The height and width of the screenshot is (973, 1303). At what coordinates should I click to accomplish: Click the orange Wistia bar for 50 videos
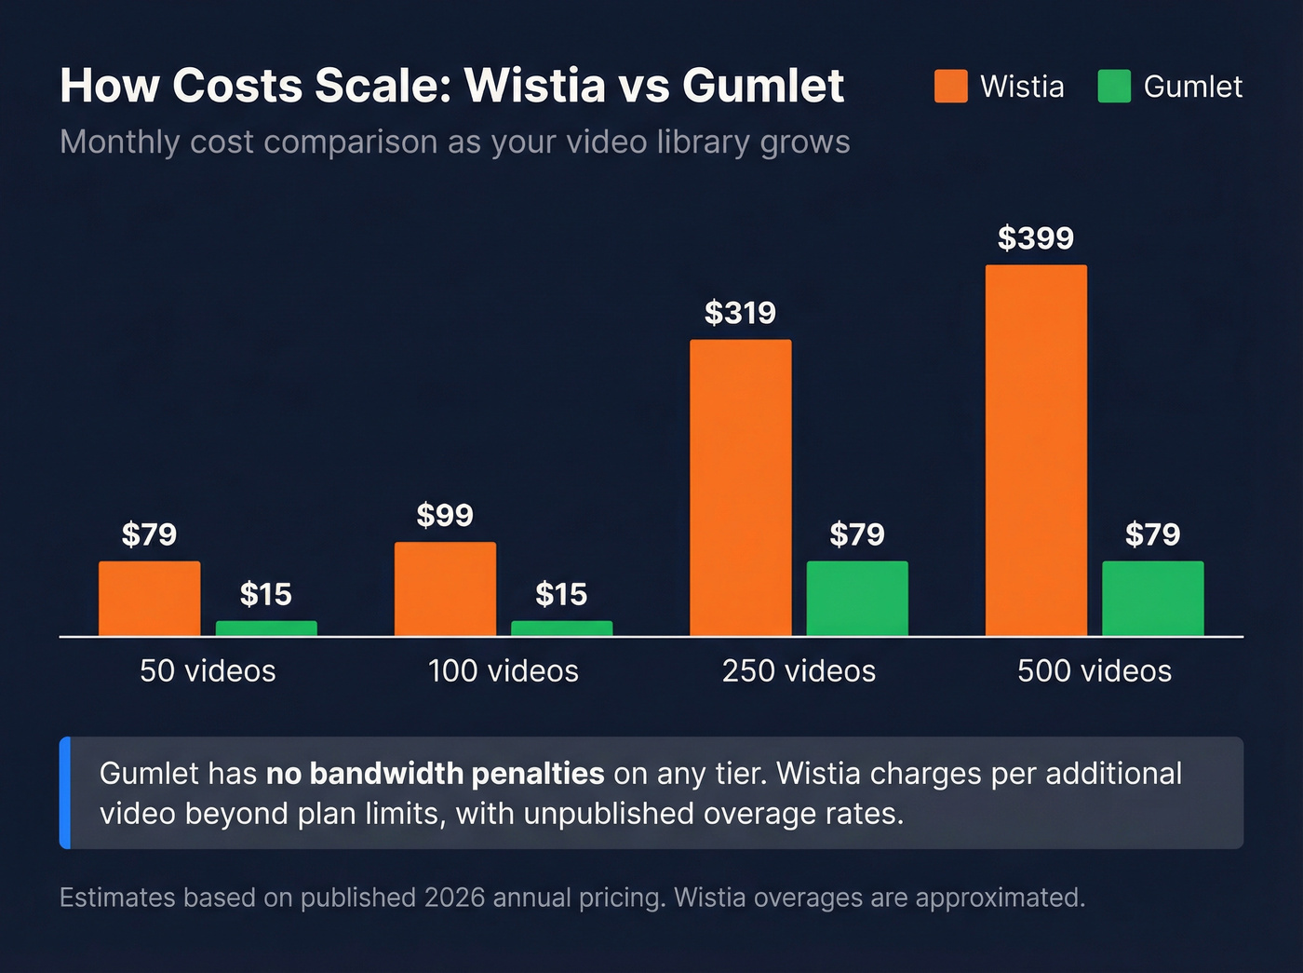[x=149, y=598]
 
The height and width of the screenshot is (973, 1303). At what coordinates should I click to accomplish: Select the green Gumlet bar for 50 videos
[x=266, y=628]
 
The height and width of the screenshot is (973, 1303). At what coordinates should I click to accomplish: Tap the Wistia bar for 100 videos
[x=445, y=588]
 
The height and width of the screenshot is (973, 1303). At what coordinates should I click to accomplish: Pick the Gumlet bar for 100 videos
[x=561, y=628]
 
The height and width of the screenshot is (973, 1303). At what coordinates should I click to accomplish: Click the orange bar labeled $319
[x=740, y=487]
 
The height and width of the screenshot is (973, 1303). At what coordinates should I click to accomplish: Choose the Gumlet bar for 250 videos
[x=857, y=598]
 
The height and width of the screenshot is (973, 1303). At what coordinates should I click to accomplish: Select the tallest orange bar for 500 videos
[x=1036, y=450]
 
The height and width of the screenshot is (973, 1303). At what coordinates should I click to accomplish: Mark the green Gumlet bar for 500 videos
[x=1152, y=598]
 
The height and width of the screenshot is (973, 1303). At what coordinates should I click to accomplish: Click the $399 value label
[x=1036, y=238]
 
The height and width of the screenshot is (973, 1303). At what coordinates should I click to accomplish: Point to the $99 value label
[x=445, y=515]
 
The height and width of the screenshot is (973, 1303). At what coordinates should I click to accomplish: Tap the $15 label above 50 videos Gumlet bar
[x=266, y=594]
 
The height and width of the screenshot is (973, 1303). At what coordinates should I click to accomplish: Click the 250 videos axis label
[x=799, y=670]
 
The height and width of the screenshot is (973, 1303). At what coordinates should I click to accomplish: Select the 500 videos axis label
[x=1095, y=670]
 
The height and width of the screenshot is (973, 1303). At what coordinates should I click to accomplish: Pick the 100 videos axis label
[x=504, y=670]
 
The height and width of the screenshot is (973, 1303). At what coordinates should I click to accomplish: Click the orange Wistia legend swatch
[x=951, y=87]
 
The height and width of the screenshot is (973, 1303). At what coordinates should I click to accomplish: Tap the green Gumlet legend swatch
[x=1114, y=87]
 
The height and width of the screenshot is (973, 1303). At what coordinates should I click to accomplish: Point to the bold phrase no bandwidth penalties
[x=436, y=774]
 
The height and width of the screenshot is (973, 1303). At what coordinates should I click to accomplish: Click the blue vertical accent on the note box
[x=65, y=792]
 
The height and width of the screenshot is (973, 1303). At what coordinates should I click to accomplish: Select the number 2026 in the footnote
[x=454, y=898]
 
